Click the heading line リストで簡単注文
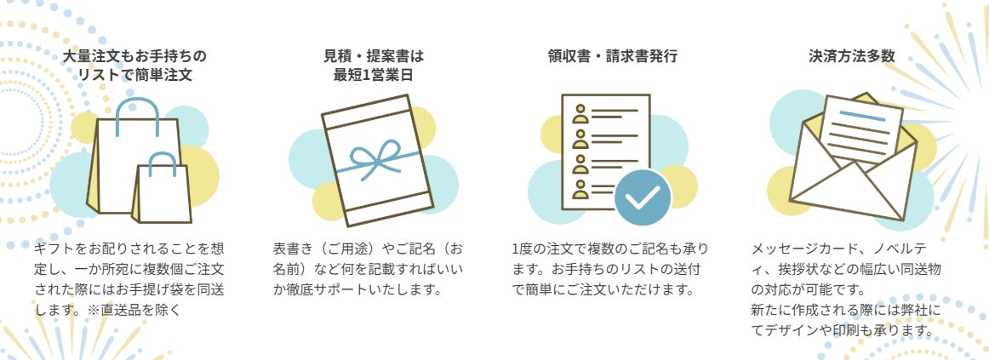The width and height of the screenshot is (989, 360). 135,75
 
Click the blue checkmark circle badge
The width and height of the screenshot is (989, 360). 643,197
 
